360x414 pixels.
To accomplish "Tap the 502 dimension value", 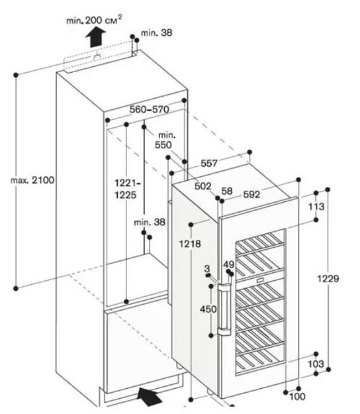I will (x=204, y=187).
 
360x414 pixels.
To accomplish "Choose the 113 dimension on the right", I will (x=316, y=207).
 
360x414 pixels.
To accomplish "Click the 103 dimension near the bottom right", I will (x=316, y=365).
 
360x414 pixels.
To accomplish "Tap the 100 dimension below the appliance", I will (x=296, y=396).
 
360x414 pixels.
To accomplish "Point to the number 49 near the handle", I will (x=230, y=266).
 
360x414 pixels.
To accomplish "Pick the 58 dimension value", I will (x=227, y=191).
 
